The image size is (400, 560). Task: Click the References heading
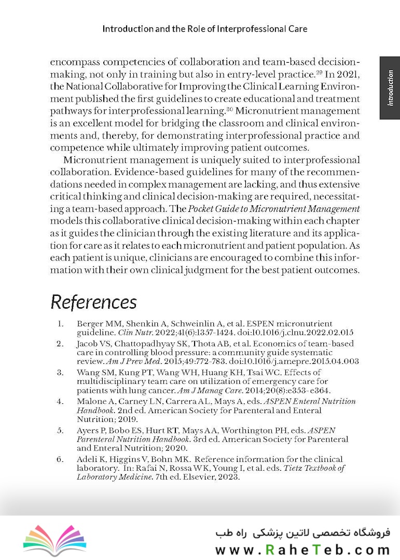(x=93, y=302)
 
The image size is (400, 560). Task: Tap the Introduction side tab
(x=390, y=88)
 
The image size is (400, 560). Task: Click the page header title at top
(x=204, y=29)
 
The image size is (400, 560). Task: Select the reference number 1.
(x=60, y=324)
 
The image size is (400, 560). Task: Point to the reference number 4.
(x=60, y=401)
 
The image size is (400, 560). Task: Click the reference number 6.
(x=60, y=459)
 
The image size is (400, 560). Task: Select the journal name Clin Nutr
(x=131, y=333)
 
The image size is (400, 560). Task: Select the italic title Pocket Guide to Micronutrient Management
(x=273, y=209)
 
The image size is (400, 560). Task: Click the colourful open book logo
(x=54, y=538)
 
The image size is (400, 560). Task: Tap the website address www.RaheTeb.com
(x=302, y=550)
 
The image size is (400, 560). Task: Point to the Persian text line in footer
(x=302, y=533)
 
